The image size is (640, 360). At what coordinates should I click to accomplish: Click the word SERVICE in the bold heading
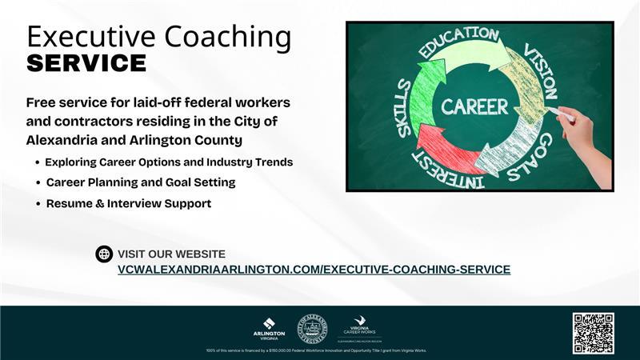point(86,63)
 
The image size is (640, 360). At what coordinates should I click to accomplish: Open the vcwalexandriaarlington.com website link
point(314,270)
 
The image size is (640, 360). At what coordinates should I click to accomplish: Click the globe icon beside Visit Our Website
point(104,254)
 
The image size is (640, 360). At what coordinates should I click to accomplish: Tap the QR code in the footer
point(593,333)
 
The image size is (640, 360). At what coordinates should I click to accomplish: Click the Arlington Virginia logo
point(269,329)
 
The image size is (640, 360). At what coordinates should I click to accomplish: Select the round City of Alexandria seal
point(312,328)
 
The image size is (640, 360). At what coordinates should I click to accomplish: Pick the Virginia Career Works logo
point(359,326)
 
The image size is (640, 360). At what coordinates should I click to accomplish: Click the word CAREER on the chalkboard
point(474,106)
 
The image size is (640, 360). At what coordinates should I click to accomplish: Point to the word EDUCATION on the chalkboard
point(458,42)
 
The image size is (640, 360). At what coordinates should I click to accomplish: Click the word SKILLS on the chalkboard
point(405,107)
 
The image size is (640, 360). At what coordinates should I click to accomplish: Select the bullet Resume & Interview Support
point(128,204)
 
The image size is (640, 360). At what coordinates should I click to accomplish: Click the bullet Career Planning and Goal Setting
point(140,182)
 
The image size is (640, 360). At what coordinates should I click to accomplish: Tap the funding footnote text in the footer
point(316,350)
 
